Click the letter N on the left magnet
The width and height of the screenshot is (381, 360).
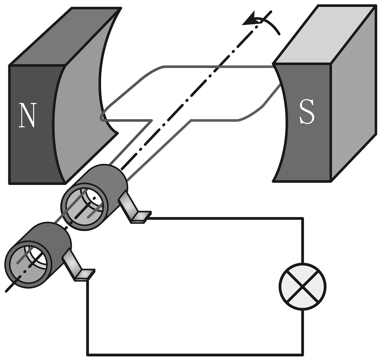coord(28,115)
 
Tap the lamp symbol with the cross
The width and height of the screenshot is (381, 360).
coord(303,286)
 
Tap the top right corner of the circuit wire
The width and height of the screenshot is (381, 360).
coord(302,218)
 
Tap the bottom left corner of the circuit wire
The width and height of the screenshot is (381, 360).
coord(87,354)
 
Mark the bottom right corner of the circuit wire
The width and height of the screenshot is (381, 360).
coord(302,354)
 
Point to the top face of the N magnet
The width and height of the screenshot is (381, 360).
coord(65,36)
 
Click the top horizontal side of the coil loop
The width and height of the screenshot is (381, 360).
coord(217,66)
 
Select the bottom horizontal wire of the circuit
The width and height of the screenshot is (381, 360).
coord(196,354)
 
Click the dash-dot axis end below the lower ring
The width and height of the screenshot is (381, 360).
coord(9,288)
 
